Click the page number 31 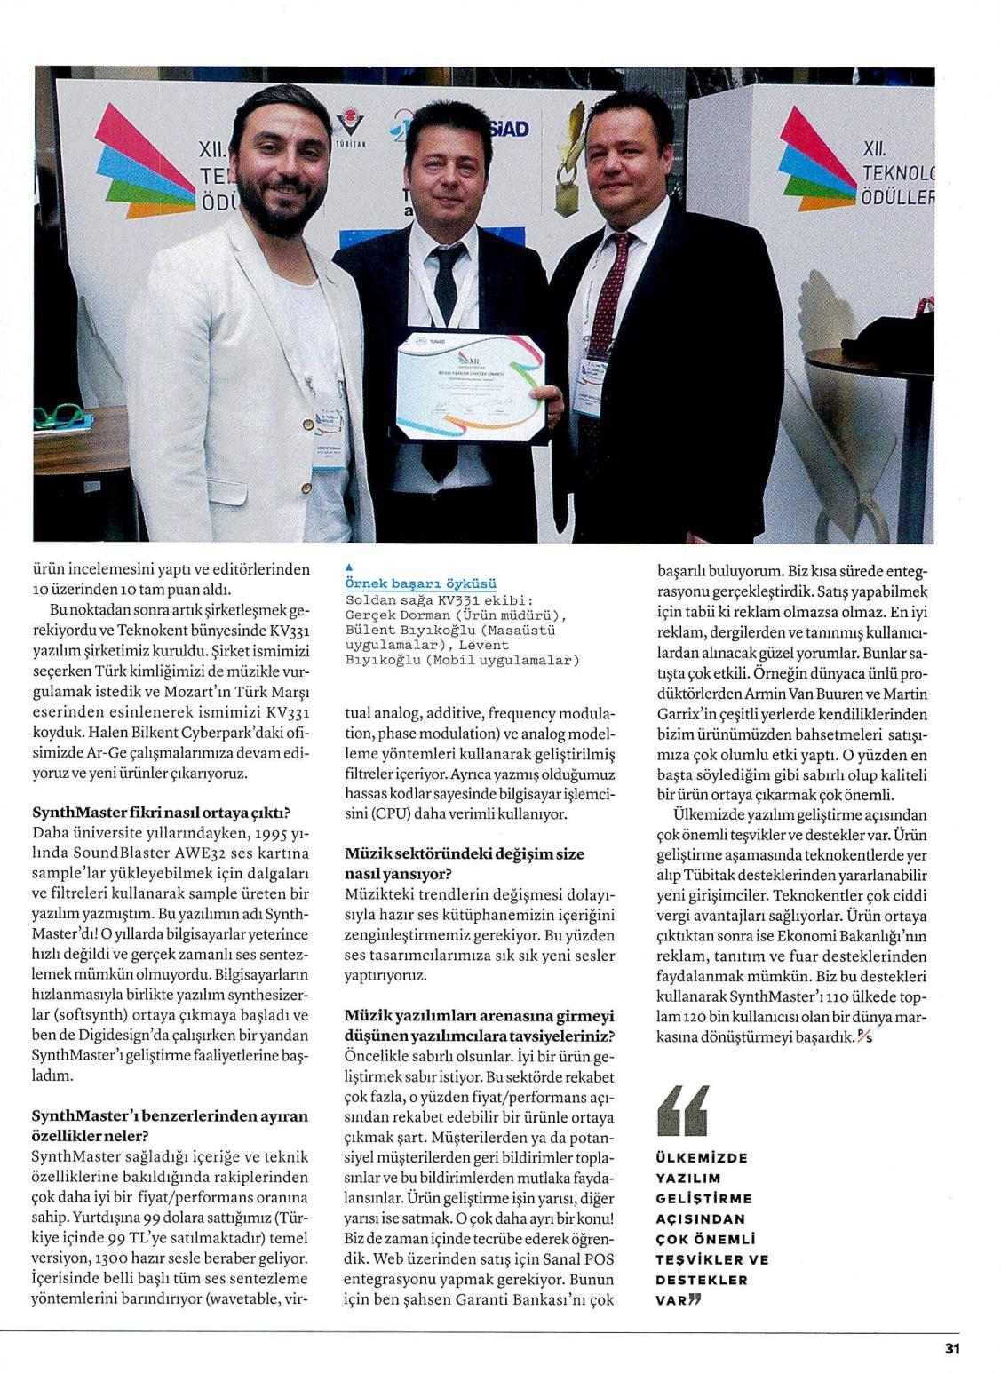pyautogui.click(x=951, y=1347)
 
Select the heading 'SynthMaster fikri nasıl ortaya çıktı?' pyautogui.click(x=162, y=813)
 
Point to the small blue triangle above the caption pyautogui.click(x=348, y=567)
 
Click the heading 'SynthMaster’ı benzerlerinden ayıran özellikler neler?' pyautogui.click(x=169, y=1125)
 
